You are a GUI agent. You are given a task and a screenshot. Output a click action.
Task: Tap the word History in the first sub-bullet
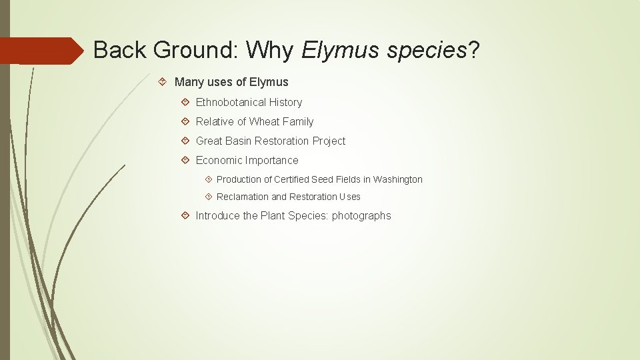point(285,102)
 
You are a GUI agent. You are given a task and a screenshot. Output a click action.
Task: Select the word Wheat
point(264,121)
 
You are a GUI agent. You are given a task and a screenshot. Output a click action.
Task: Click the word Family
point(298,121)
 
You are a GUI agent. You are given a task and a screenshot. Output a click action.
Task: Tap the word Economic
point(219,160)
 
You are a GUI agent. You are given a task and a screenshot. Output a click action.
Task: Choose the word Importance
point(272,160)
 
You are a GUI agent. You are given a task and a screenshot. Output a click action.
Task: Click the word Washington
point(397,179)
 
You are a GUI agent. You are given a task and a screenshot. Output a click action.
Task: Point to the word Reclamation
point(243,197)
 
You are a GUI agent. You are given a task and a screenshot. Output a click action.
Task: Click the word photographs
point(361,215)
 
